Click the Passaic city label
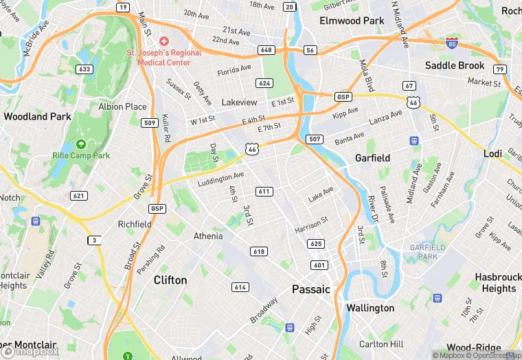[310, 289]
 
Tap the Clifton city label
[170, 280]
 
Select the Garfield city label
[372, 158]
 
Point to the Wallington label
[370, 308]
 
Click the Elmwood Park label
[352, 21]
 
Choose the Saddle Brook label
[455, 65]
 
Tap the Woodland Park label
[37, 117]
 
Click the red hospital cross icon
[164, 42]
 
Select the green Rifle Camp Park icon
[81, 144]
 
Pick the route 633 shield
[84, 69]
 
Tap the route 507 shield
[315, 139]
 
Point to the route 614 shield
[240, 287]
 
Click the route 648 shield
[266, 50]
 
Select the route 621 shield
[78, 196]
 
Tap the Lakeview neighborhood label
[239, 102]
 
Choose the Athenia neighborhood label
[208, 236]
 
